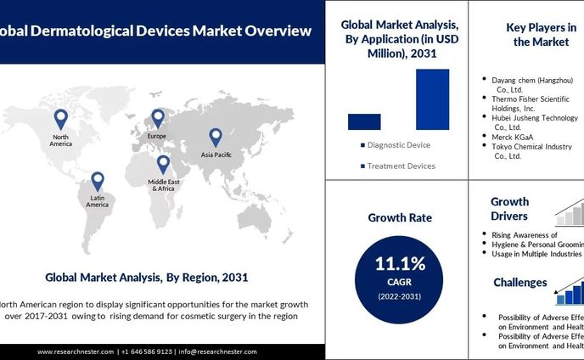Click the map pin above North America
(x=60, y=120)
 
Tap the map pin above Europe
(x=158, y=118)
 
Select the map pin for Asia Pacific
(x=215, y=138)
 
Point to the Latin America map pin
(x=98, y=182)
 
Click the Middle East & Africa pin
(x=163, y=165)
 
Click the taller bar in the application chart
(x=432, y=99)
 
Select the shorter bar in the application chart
(x=364, y=121)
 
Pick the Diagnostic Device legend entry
(x=396, y=145)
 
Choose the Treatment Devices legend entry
(x=398, y=166)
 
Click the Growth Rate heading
(x=399, y=218)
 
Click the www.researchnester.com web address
(x=76, y=352)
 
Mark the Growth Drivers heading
(x=509, y=209)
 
